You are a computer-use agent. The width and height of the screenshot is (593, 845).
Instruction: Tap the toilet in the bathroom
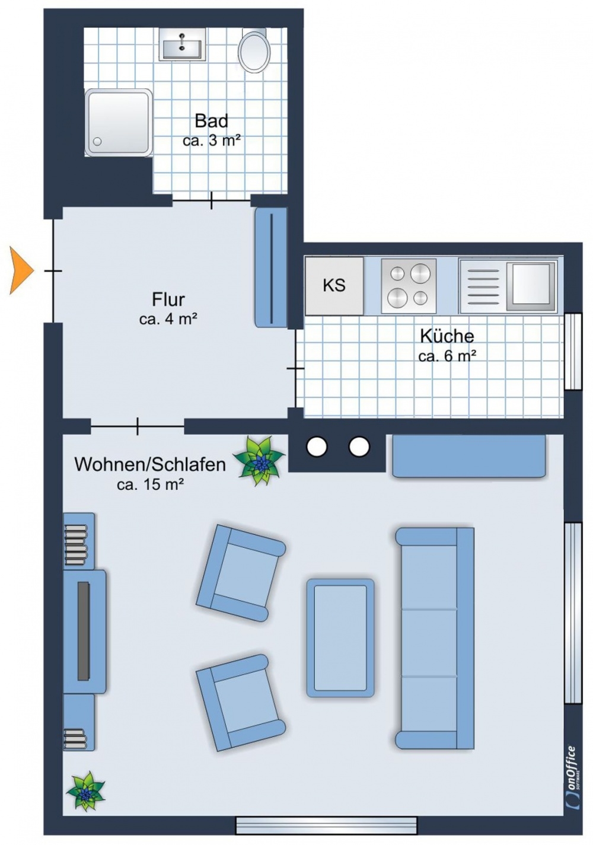click(254, 52)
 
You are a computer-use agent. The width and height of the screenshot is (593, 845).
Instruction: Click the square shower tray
click(119, 123)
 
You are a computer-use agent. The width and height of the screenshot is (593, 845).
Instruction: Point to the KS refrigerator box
click(334, 286)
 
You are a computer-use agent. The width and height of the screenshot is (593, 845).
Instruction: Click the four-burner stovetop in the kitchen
click(409, 286)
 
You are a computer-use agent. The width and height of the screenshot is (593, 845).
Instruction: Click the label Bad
click(211, 121)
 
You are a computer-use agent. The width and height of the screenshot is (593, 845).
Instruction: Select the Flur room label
click(168, 299)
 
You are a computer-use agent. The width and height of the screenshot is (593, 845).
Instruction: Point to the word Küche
click(447, 336)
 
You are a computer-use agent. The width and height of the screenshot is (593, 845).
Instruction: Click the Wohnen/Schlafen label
click(150, 464)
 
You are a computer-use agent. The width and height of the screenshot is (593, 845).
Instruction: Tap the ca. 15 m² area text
click(150, 484)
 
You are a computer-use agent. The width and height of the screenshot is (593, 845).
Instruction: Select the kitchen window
click(573, 351)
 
